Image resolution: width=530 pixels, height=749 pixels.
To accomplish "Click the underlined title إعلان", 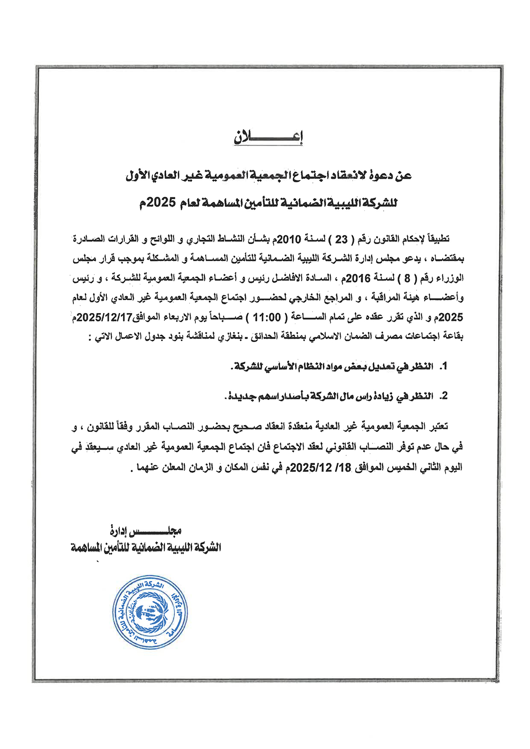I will point(268,137).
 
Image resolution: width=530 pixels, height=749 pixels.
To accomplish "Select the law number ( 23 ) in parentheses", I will point(341,240).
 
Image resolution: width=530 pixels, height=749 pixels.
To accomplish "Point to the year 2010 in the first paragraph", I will point(289,240).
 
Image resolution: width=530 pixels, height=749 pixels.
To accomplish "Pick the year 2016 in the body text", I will point(358,278).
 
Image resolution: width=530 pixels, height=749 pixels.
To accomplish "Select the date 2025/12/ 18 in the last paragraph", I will point(321,468).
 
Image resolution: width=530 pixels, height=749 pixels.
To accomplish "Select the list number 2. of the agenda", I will point(443,396).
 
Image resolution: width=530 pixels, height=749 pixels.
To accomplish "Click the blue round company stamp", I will point(150,612).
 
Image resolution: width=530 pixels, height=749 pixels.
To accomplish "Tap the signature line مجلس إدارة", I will point(145,531).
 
